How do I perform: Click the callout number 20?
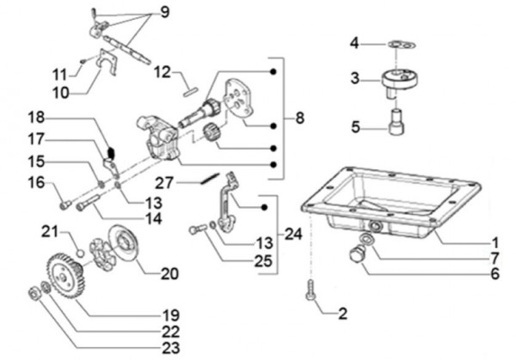tap(169, 273)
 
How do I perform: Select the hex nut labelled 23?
tap(34, 292)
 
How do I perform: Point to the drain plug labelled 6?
tap(355, 255)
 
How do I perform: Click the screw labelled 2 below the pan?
tap(310, 290)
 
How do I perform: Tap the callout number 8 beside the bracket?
tap(299, 118)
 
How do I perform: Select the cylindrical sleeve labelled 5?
tap(396, 122)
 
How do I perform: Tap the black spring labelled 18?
tap(111, 153)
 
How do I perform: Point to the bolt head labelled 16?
tap(65, 205)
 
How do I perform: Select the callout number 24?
tap(293, 235)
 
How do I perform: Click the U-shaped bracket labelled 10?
tap(108, 63)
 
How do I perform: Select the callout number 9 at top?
tap(165, 12)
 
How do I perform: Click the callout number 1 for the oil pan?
tap(495, 243)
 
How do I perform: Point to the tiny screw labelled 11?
tap(83, 60)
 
